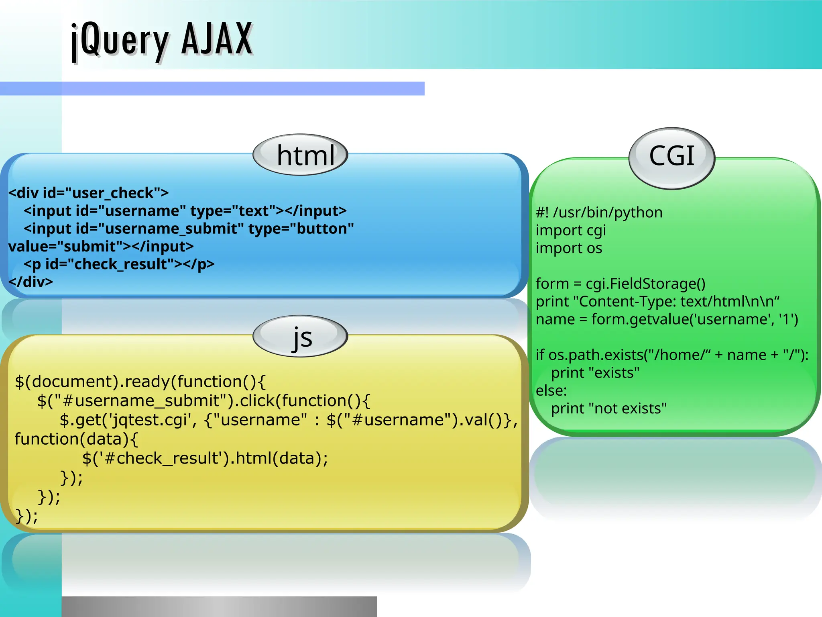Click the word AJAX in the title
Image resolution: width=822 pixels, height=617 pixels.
(217, 39)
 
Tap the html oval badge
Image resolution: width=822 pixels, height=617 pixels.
(300, 155)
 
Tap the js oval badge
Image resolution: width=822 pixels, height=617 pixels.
(300, 337)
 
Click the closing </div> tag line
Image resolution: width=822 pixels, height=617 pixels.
(31, 282)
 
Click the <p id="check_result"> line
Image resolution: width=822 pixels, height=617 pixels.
(119, 264)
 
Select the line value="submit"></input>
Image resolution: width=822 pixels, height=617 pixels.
(101, 246)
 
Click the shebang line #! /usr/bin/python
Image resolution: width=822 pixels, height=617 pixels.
(599, 212)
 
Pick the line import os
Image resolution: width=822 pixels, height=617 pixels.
(569, 248)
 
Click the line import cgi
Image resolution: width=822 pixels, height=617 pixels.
(570, 231)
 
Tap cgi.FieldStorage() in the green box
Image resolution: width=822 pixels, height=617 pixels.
(645, 284)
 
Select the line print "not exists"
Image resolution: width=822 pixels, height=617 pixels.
(608, 409)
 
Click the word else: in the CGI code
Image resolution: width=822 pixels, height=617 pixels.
(551, 390)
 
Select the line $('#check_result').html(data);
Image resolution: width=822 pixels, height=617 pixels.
(205, 458)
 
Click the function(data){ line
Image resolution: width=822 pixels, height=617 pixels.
(76, 439)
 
